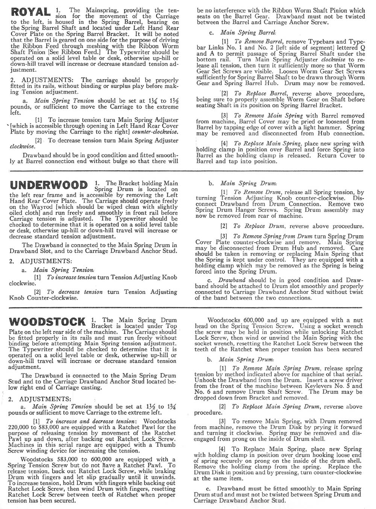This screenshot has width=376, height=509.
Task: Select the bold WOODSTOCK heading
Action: (x=47, y=322)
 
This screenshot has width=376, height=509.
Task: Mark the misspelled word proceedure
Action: (x=346, y=226)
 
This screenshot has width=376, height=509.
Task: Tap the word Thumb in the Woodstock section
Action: (x=166, y=445)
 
